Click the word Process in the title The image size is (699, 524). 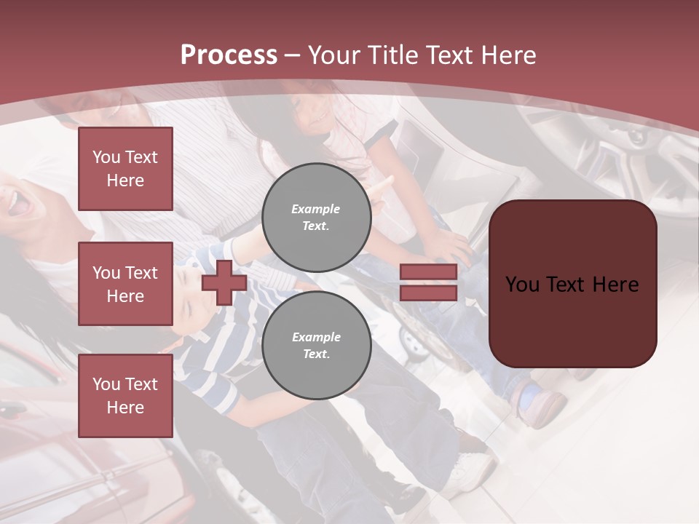click(229, 55)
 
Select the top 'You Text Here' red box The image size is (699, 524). click(125, 169)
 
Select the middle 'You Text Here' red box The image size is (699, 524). click(125, 284)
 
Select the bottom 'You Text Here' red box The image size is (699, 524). click(125, 396)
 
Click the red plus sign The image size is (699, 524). click(224, 282)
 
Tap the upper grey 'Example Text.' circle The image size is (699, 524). click(316, 218)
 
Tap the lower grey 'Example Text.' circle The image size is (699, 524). click(316, 346)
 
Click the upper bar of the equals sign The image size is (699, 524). click(429, 272)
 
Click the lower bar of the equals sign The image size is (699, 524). click(429, 293)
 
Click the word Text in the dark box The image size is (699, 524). click(567, 285)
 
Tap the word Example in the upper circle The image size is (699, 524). click(316, 209)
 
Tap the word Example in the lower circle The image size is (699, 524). click(316, 337)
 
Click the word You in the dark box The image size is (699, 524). click(522, 285)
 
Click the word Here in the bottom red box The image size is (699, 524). click(125, 408)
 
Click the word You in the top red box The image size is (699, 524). click(106, 157)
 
